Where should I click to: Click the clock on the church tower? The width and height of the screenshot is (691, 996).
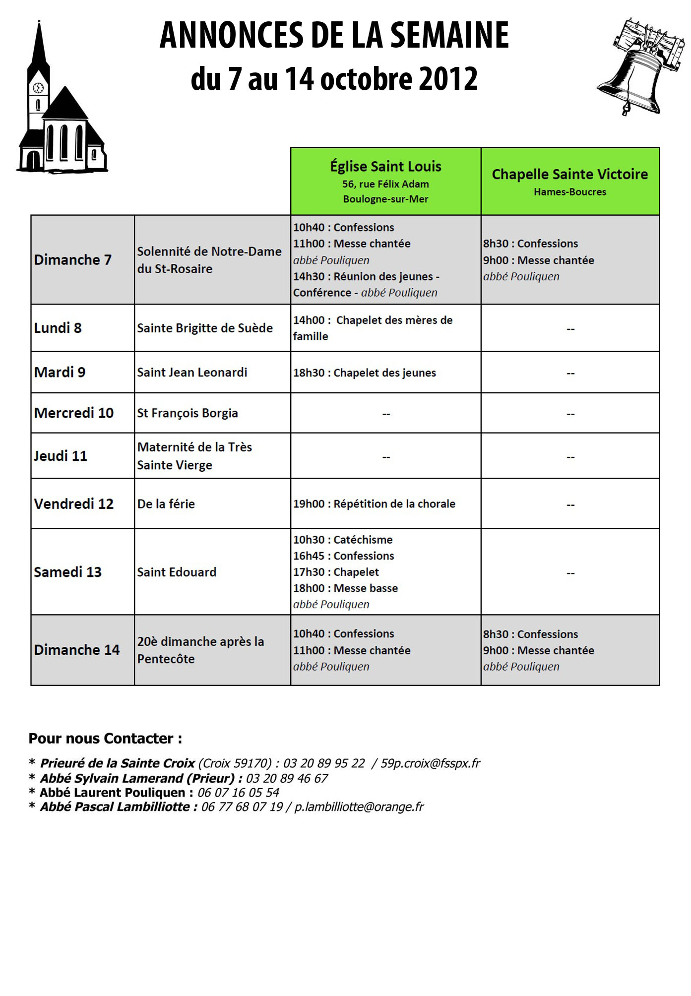click(x=38, y=88)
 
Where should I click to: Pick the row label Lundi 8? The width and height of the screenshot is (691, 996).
click(x=58, y=328)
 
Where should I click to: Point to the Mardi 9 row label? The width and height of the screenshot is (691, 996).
click(x=60, y=372)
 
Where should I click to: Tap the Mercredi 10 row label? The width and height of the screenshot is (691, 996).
click(x=73, y=413)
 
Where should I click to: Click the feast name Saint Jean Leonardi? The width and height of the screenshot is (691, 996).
click(x=192, y=372)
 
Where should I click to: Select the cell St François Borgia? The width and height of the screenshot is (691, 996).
click(x=188, y=413)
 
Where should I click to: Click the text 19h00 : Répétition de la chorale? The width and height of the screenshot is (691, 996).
click(x=374, y=503)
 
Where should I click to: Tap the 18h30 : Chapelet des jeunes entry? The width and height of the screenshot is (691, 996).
click(x=365, y=373)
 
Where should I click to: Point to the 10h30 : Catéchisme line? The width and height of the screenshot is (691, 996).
click(x=343, y=539)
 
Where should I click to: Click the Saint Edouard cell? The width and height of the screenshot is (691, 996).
click(x=177, y=572)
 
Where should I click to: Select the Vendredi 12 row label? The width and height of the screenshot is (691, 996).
click(x=73, y=503)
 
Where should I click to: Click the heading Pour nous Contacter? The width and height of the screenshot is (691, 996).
click(x=105, y=738)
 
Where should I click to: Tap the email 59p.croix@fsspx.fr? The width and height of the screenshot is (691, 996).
click(x=430, y=763)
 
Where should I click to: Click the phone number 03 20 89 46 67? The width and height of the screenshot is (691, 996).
click(x=287, y=778)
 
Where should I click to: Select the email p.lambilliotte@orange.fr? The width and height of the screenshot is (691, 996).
click(x=359, y=807)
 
